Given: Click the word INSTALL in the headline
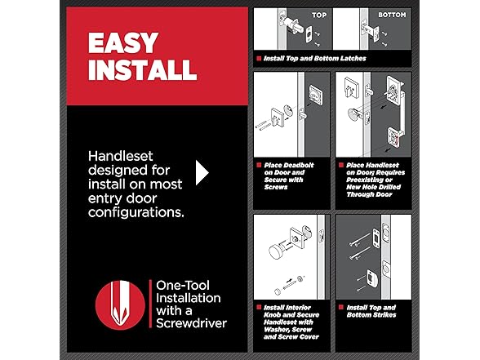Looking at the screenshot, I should [142, 70].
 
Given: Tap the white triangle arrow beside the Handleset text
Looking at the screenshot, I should [202, 172].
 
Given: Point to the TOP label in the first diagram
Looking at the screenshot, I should [318, 15].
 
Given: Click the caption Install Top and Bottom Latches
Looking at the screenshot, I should [313, 59].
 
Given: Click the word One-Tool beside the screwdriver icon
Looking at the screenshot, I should [184, 285].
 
